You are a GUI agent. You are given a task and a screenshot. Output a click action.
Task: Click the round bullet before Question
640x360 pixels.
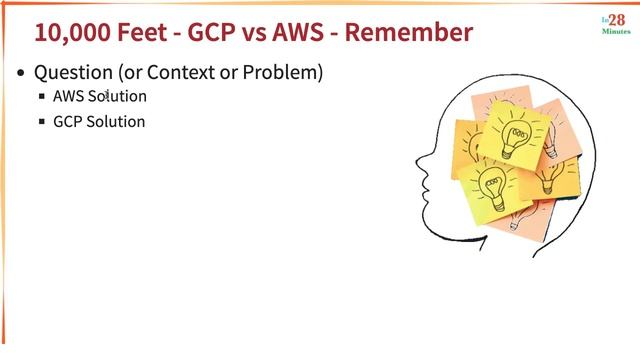[x=22, y=74]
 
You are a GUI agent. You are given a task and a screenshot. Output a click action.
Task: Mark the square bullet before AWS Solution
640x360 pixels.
[x=42, y=97]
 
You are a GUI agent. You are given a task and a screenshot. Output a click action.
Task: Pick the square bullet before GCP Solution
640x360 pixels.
[x=42, y=122]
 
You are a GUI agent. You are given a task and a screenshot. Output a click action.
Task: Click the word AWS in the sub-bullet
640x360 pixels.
[x=67, y=97]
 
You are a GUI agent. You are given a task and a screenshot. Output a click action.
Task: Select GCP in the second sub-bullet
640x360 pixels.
[x=67, y=122]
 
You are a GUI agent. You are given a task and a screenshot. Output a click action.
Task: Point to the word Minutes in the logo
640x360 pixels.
[x=615, y=32]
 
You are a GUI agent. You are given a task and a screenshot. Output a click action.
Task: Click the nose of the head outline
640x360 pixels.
[x=417, y=160]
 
